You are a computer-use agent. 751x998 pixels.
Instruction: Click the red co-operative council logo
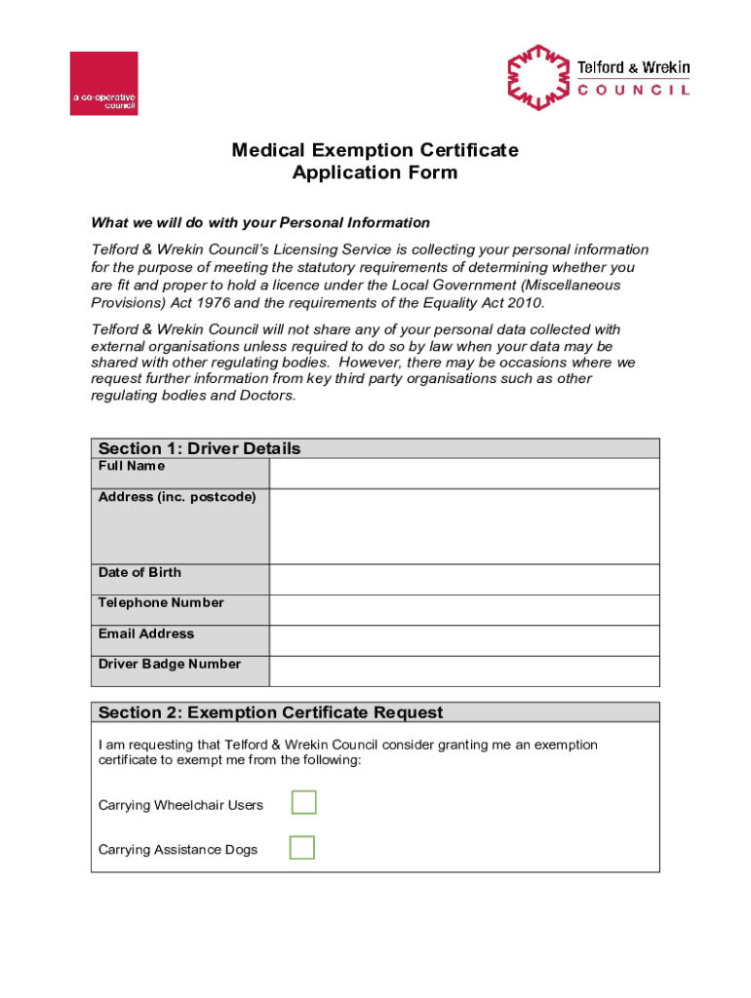[103, 84]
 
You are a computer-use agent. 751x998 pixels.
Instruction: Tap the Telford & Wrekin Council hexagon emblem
[537, 77]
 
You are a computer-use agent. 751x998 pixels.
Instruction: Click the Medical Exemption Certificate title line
[375, 150]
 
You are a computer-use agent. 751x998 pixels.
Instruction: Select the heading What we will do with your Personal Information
[260, 223]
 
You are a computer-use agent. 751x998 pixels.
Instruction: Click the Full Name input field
[464, 474]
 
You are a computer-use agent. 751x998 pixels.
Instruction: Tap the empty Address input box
[464, 526]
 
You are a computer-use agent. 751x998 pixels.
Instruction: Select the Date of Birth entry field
[464, 580]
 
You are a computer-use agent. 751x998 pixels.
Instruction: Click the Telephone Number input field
[464, 610]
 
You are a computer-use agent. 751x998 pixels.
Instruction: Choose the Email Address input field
[464, 640]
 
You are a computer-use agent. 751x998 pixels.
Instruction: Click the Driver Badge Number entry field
[464, 672]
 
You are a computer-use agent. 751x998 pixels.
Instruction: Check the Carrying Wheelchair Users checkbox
[304, 803]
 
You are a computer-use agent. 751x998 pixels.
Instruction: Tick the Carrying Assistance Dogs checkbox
[302, 848]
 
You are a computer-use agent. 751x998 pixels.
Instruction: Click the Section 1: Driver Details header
[200, 448]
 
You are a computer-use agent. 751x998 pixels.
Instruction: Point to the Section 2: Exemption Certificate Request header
[271, 712]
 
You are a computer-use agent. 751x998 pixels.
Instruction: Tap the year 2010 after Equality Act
[522, 303]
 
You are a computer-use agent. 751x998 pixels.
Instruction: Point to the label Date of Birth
[139, 572]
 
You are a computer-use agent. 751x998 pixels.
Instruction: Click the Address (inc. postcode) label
[178, 497]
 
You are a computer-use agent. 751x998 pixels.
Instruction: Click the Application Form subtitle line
[375, 173]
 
